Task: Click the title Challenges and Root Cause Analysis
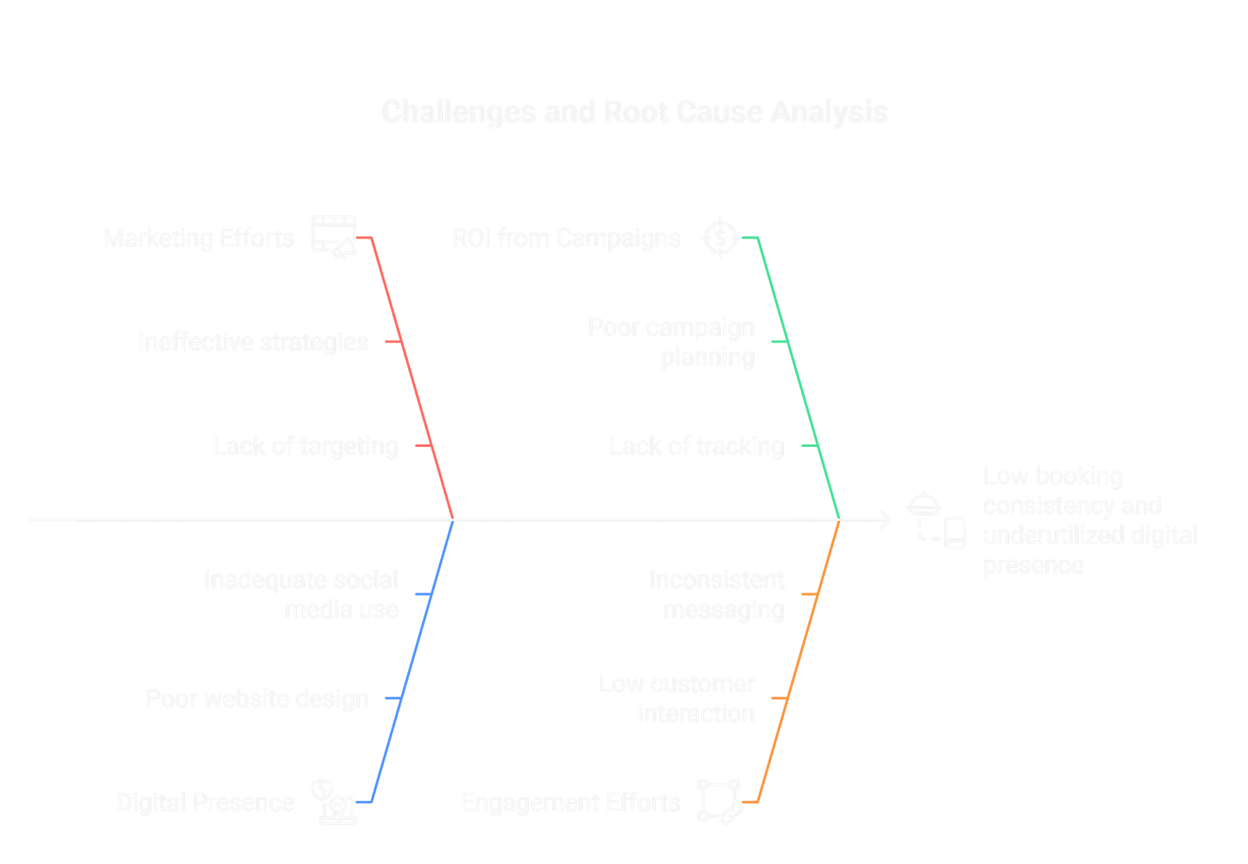click(x=635, y=112)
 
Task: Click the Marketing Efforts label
click(x=199, y=238)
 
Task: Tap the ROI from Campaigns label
click(x=566, y=238)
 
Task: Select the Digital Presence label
click(x=206, y=802)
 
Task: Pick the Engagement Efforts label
click(x=571, y=802)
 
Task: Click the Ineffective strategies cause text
click(x=253, y=342)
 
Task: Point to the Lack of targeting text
click(x=306, y=446)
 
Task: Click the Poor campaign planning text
click(x=672, y=342)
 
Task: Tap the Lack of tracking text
click(x=697, y=446)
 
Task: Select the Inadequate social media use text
click(x=301, y=594)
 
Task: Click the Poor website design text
click(x=257, y=699)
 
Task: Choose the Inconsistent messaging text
click(x=717, y=594)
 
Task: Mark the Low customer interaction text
click(x=677, y=699)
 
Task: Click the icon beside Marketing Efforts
click(x=334, y=238)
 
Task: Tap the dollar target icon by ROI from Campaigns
click(x=720, y=238)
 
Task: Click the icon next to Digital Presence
click(x=334, y=802)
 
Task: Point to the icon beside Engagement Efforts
click(x=720, y=802)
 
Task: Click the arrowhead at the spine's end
click(x=886, y=520)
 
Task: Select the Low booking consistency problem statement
click(x=1090, y=520)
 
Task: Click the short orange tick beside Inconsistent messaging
click(x=810, y=594)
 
